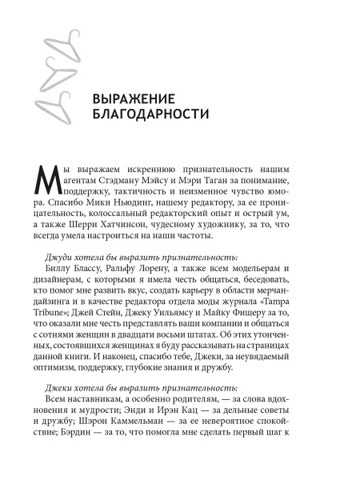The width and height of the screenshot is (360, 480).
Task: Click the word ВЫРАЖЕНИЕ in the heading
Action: (134, 99)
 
